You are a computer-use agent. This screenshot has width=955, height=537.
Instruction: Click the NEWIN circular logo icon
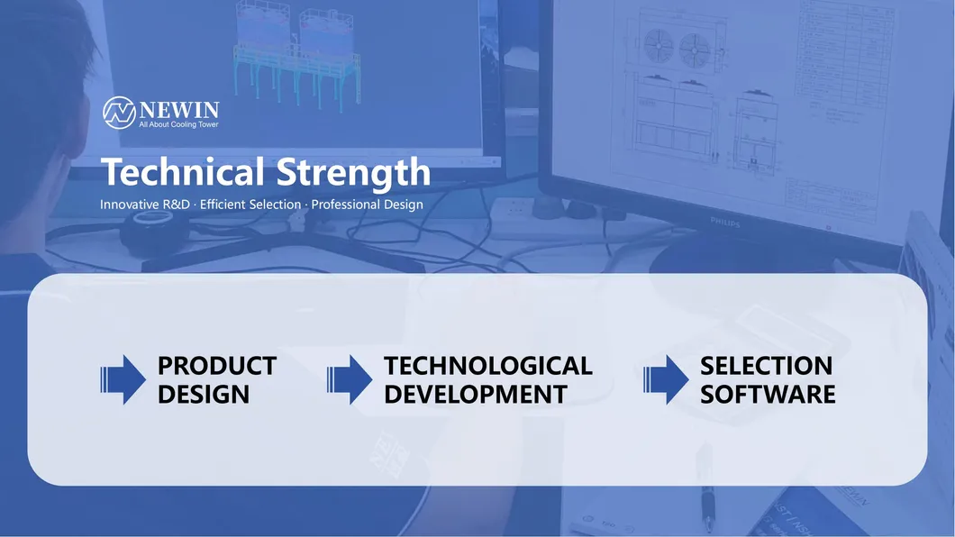(119, 112)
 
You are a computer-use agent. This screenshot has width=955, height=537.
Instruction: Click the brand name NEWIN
(178, 108)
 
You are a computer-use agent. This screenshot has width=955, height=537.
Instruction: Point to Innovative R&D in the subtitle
(144, 205)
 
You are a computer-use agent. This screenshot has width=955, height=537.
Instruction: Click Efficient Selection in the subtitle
(250, 205)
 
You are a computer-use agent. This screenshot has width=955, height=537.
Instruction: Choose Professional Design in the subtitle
(367, 205)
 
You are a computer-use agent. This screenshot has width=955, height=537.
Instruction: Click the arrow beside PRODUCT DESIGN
(123, 379)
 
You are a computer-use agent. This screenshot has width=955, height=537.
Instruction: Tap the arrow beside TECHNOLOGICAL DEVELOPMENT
(349, 379)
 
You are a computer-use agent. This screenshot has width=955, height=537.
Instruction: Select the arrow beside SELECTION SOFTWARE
(666, 379)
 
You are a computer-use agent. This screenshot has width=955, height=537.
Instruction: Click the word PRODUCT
(216, 366)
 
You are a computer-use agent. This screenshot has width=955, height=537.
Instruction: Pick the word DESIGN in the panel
(203, 395)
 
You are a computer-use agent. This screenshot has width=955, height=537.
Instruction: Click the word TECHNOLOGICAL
(487, 366)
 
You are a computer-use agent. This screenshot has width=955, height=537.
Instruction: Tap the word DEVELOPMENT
(475, 395)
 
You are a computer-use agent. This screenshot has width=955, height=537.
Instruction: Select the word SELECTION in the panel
(766, 366)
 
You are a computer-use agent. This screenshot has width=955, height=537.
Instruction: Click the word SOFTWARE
(768, 395)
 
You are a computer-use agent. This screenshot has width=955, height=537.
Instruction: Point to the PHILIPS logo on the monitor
(724, 221)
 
